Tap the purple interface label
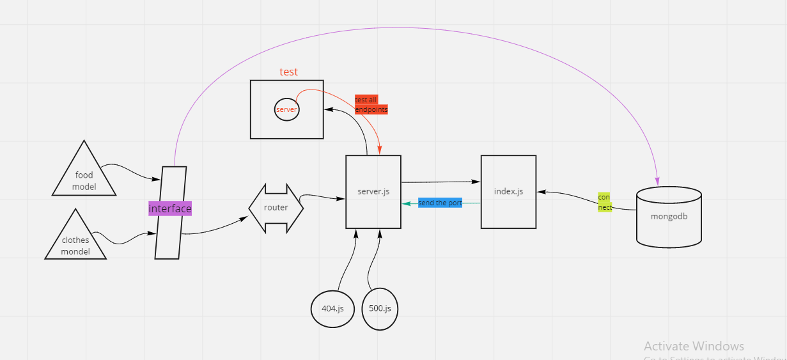tap(170, 208)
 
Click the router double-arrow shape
tap(276, 208)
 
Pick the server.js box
tap(373, 192)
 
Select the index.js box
tap(508, 191)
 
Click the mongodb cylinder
tap(669, 216)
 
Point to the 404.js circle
tap(332, 308)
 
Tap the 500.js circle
tap(380, 308)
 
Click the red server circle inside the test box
tap(286, 109)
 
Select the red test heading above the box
tap(289, 72)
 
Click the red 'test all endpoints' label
tap(371, 104)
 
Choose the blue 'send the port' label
tap(440, 203)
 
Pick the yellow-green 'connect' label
tap(605, 202)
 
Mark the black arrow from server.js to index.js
tap(441, 182)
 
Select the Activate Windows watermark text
tap(694, 346)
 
